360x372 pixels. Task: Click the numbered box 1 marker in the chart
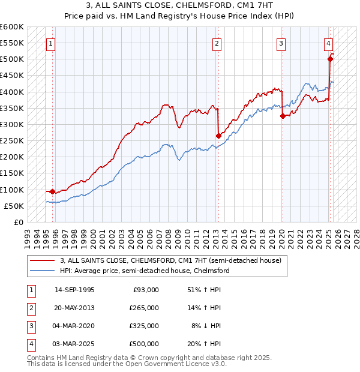click(51, 43)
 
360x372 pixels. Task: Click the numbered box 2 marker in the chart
click(216, 43)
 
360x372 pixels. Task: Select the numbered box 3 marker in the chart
click(281, 43)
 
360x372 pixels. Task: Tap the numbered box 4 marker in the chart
click(329, 43)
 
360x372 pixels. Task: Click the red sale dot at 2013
click(218, 136)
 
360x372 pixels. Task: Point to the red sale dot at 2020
click(283, 116)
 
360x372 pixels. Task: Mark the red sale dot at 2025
click(330, 59)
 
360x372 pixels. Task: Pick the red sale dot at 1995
click(53, 192)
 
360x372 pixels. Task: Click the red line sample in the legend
click(43, 261)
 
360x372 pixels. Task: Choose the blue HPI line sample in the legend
click(43, 271)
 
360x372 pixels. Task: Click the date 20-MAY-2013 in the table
click(74, 307)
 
